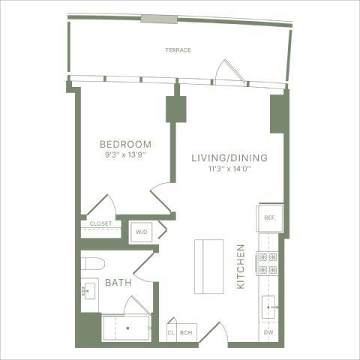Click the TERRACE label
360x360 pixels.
pos(178,50)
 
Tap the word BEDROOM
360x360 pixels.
pos(126,144)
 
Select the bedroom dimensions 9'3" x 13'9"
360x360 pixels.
pos(126,155)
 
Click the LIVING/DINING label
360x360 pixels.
pos(229,157)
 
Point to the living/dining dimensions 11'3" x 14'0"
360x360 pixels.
pos(229,169)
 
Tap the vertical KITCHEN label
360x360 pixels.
pos(241,266)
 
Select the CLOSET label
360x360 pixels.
pos(100,223)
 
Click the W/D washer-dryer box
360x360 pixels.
pos(142,232)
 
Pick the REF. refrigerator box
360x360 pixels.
pos(270,217)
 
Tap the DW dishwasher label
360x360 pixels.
pos(268,332)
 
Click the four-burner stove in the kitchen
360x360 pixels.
pos(268,262)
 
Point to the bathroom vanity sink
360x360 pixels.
pos(88,291)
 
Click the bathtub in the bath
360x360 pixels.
pos(126,328)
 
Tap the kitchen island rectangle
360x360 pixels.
pos(208,266)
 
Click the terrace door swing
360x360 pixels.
pos(224,71)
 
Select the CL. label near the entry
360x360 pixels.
pos(171,333)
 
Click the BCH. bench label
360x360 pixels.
pos(187,333)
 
